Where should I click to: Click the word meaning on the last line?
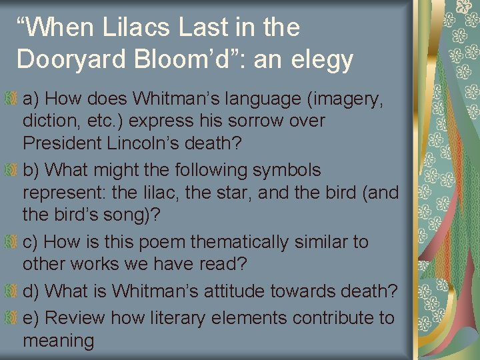(x=58, y=341)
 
